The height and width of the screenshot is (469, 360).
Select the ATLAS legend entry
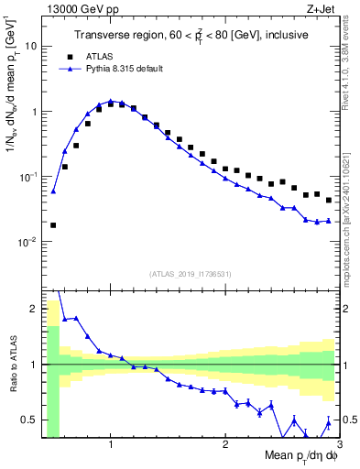(x=104, y=55)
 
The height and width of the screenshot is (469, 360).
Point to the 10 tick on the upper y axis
(x=31, y=46)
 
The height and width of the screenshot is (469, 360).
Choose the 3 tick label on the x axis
(x=339, y=444)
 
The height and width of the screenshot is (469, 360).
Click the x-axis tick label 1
(x=111, y=444)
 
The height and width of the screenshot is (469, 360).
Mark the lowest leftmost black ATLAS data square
(x=53, y=224)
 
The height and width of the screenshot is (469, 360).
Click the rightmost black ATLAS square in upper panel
(x=329, y=200)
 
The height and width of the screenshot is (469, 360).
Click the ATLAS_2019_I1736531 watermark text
(x=191, y=274)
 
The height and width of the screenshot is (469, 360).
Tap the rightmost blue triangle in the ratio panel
(x=329, y=422)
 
